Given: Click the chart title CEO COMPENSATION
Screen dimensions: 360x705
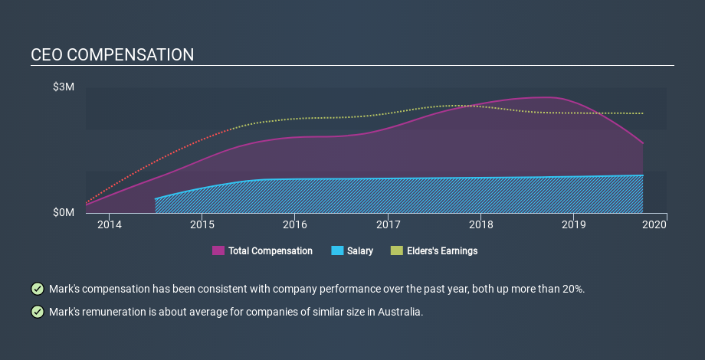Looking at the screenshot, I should point(113,55).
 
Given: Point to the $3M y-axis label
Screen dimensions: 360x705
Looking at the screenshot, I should point(64,87).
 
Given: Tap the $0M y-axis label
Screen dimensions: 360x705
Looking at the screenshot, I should point(64,212).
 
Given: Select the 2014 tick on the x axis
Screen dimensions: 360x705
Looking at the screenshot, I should point(110,224).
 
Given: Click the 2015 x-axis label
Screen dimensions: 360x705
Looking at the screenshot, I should point(202,224).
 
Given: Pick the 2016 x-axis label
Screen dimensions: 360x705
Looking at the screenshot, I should point(295,224).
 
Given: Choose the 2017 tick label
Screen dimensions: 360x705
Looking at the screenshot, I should point(389,224).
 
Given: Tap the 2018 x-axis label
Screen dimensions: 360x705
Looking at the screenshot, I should point(481,224).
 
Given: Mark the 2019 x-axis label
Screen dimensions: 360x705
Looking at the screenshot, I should point(574,224).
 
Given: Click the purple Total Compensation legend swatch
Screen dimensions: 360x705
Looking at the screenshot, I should point(218,250).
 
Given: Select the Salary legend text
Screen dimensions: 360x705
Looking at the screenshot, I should point(360,250).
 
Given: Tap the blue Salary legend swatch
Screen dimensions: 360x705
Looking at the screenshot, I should point(337,250).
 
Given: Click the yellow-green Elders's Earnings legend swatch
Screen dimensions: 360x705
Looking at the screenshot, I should point(396,250).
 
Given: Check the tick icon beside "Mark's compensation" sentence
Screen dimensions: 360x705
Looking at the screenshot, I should point(37,289).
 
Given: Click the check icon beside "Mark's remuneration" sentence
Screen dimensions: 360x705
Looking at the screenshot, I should point(37,312).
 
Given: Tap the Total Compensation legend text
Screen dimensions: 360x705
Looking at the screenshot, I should point(271,250).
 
